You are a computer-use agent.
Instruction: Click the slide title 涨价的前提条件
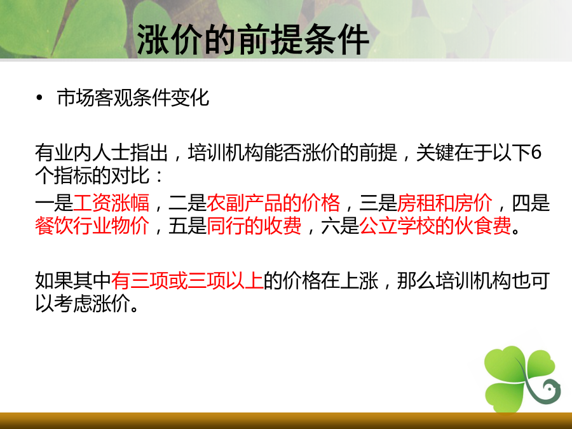[x=253, y=39]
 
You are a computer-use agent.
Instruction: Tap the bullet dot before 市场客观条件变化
[x=39, y=98]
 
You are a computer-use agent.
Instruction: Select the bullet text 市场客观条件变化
[x=133, y=98]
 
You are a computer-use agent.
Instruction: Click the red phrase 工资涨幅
[x=111, y=203]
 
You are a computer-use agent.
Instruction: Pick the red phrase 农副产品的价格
[x=273, y=203]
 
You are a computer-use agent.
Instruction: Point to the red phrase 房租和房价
[x=445, y=203]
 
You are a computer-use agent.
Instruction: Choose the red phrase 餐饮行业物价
[x=92, y=226]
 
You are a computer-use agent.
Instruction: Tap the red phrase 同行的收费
[x=254, y=226]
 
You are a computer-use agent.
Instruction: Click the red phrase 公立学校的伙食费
[x=435, y=226]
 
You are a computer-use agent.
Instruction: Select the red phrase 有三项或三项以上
[x=187, y=280]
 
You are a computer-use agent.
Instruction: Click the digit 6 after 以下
[x=536, y=153]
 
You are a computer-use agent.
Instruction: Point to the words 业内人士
[x=92, y=153]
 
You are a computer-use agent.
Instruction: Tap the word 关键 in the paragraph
[x=435, y=153]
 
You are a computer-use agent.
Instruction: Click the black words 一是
[x=54, y=203]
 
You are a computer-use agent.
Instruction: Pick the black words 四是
[x=531, y=203]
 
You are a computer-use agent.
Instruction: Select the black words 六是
[x=341, y=226]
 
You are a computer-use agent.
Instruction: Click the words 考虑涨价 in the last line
[x=92, y=303]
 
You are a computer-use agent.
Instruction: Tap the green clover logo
[x=522, y=379]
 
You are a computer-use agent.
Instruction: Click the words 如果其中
[x=73, y=280]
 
